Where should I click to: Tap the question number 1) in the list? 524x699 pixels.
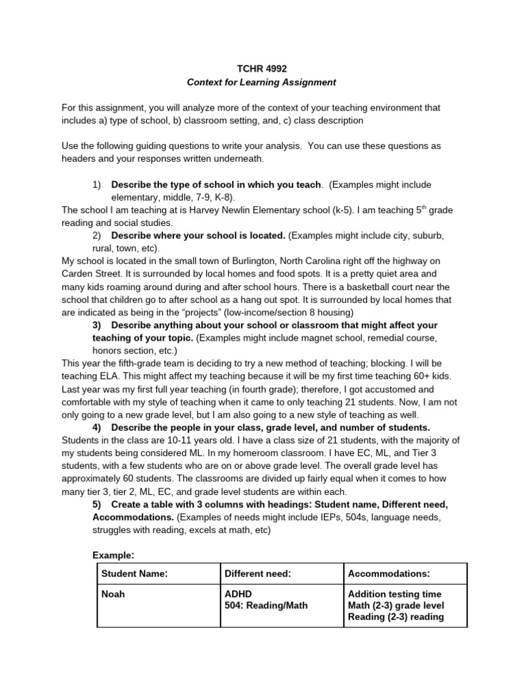96,185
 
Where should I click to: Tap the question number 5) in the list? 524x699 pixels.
96,504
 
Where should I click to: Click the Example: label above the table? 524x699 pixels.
113,556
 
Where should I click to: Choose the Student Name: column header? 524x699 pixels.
134,574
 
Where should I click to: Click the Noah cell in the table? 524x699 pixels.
113,595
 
